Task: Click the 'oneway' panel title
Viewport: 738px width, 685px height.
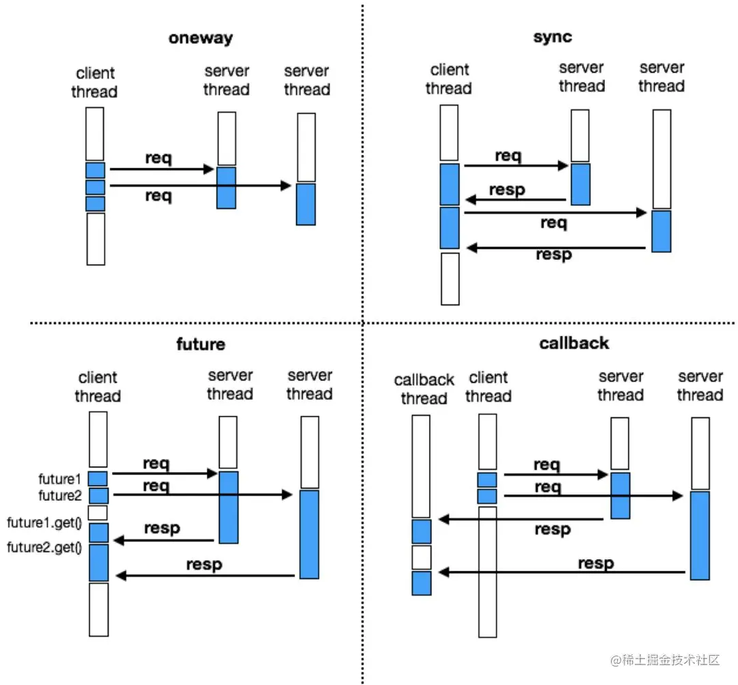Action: (x=200, y=38)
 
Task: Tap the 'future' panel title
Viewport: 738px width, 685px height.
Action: (x=200, y=344)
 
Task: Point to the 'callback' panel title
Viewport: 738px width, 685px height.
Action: (x=573, y=343)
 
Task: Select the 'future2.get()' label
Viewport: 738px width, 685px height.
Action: (x=44, y=546)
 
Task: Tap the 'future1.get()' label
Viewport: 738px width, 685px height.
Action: (x=44, y=524)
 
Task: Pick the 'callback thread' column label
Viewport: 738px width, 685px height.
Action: (x=424, y=389)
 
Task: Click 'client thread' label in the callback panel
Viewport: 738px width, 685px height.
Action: (x=488, y=387)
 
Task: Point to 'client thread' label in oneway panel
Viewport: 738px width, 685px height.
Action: (x=95, y=83)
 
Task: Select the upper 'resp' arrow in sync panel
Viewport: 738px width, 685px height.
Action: (x=516, y=200)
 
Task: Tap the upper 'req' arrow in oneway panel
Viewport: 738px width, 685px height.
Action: (x=162, y=169)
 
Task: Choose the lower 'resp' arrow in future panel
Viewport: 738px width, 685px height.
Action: (x=206, y=576)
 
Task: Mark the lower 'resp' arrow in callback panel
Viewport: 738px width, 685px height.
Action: (x=562, y=572)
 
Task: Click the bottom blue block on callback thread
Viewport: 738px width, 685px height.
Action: (x=422, y=583)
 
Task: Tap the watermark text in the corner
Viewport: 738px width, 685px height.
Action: (x=666, y=660)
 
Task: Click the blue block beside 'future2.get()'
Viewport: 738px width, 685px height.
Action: (x=99, y=562)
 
